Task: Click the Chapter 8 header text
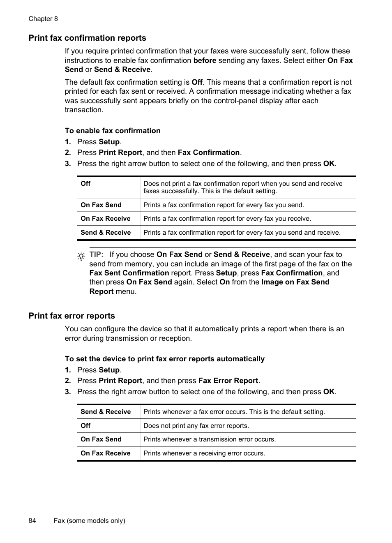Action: [x=43, y=19]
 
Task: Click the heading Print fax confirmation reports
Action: [x=87, y=38]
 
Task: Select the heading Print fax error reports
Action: [x=71, y=316]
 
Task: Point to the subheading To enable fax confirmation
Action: [x=113, y=131]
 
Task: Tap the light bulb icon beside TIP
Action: [x=81, y=256]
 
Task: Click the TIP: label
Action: [x=96, y=254]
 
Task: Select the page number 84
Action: [x=32, y=520]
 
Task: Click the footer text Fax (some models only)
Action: [x=89, y=520]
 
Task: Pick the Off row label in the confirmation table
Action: [x=85, y=184]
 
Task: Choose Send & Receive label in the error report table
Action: [x=106, y=411]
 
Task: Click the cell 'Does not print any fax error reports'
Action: [x=196, y=425]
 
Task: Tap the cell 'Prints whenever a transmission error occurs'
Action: [x=210, y=439]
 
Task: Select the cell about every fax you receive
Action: [x=227, y=219]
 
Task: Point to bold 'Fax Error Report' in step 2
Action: [x=228, y=381]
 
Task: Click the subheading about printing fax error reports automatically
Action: [x=164, y=359]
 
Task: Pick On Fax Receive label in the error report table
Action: [x=105, y=453]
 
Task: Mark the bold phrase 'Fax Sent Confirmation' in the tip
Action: [x=129, y=273]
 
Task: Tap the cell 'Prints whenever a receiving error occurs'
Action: [x=204, y=453]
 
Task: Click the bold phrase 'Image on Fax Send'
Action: [x=295, y=282]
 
